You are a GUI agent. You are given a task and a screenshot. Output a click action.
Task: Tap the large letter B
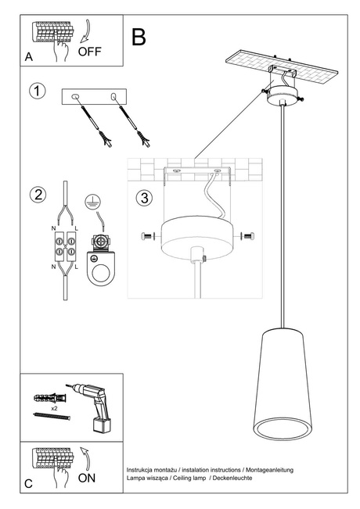[139, 37]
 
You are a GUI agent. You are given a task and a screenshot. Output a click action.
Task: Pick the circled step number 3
[143, 197]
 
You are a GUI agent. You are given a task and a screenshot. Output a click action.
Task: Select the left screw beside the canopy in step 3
[146, 236]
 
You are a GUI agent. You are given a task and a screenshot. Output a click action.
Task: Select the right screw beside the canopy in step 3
[248, 235]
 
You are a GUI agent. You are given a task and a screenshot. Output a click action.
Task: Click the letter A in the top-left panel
[29, 57]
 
